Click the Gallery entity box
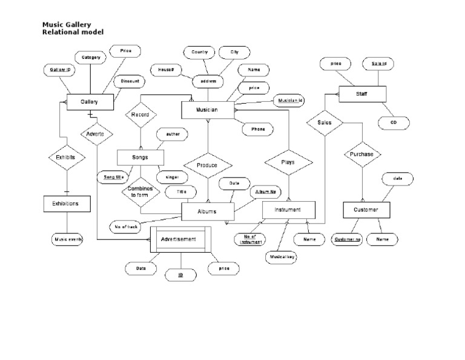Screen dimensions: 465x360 tap(90, 102)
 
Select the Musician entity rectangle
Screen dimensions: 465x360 tap(207, 110)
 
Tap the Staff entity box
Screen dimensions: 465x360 tap(361, 95)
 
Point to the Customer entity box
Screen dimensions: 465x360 tap(366, 210)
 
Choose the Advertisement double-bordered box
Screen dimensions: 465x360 tap(179, 239)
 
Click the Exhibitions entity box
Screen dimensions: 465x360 tap(67, 204)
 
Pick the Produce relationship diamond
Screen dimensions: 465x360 tap(208, 165)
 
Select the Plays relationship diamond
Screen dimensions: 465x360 tap(288, 162)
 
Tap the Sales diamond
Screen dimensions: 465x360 tap(325, 122)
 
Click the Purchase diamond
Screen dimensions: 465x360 tap(362, 155)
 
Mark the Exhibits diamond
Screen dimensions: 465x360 tap(66, 158)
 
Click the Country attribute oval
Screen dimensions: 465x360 tap(200, 53)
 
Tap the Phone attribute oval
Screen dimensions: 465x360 tap(257, 129)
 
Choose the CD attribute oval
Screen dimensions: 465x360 tap(393, 123)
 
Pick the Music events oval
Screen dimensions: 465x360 tap(67, 239)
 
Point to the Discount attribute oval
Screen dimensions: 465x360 tap(130, 81)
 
